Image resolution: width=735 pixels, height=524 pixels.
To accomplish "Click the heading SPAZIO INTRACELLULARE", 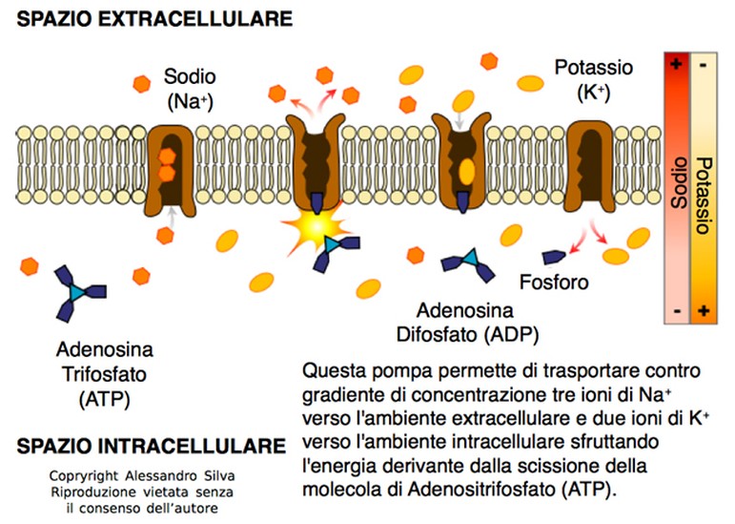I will pos(152,446).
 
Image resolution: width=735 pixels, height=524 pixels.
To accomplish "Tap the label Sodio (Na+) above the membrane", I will pos(190,87).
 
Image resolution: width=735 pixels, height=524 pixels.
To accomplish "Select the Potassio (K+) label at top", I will pos(593,79).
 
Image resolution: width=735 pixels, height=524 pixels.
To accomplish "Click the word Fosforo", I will pos(554,283).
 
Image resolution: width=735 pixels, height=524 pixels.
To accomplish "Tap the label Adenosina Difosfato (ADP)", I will pos(466,323).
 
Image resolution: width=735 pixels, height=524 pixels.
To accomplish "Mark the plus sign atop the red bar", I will pos(677,64).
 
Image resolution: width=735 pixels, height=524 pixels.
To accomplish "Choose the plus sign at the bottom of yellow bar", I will pos(704,310).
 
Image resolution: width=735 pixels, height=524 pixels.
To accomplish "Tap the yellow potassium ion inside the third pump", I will pos(466,171).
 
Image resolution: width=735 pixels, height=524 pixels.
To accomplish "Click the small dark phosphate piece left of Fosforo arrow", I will pos(552,256).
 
